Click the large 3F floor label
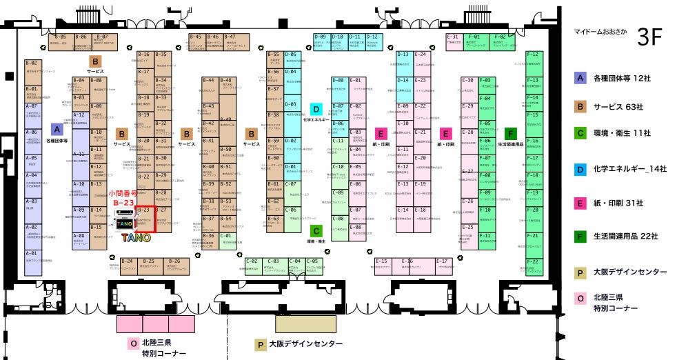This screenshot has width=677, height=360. click(649, 37)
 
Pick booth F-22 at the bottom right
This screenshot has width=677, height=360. click(533, 266)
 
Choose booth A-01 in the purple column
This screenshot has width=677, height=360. click(32, 257)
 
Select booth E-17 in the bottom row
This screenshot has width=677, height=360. click(442, 264)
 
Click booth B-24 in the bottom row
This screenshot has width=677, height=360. click(127, 264)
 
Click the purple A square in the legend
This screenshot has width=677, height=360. click(580, 77)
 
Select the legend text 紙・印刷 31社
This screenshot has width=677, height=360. click(618, 203)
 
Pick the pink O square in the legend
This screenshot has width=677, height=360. click(580, 299)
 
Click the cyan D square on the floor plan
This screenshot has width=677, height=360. click(316, 109)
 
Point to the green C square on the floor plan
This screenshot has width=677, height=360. click(316, 231)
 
